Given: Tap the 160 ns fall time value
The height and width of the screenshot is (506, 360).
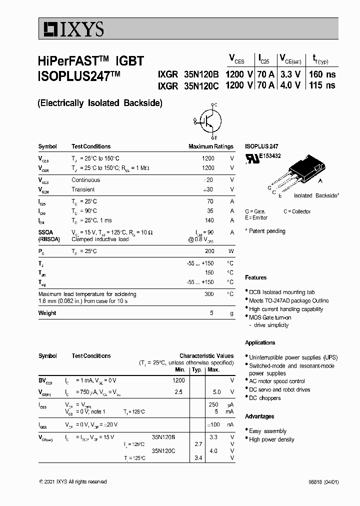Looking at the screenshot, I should [x=322, y=74].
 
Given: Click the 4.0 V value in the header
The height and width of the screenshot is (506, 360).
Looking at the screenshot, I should [x=290, y=85].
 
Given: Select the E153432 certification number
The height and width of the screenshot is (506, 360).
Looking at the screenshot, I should [x=269, y=156].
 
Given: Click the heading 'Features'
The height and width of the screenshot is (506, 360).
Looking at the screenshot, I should [x=255, y=277].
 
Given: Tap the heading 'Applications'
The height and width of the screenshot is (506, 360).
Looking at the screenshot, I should [x=260, y=342].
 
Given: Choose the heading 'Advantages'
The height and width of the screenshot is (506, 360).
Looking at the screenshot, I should [x=259, y=416].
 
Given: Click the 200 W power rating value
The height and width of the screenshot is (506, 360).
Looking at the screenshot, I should [x=209, y=251].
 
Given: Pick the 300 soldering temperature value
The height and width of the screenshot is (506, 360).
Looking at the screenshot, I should [x=209, y=294].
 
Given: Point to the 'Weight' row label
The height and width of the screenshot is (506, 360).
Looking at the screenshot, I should [x=47, y=313].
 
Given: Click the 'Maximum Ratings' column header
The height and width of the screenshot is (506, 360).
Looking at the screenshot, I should [x=210, y=146].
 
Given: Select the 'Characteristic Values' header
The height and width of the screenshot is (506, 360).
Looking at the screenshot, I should [x=206, y=356].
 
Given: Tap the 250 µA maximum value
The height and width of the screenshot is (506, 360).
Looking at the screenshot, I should [x=213, y=404].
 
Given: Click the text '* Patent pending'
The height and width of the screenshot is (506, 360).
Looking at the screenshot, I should [x=265, y=231].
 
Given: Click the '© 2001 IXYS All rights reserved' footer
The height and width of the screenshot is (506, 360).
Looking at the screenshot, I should [x=72, y=481].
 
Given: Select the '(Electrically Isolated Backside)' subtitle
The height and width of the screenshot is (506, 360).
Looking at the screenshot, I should [x=100, y=103].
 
